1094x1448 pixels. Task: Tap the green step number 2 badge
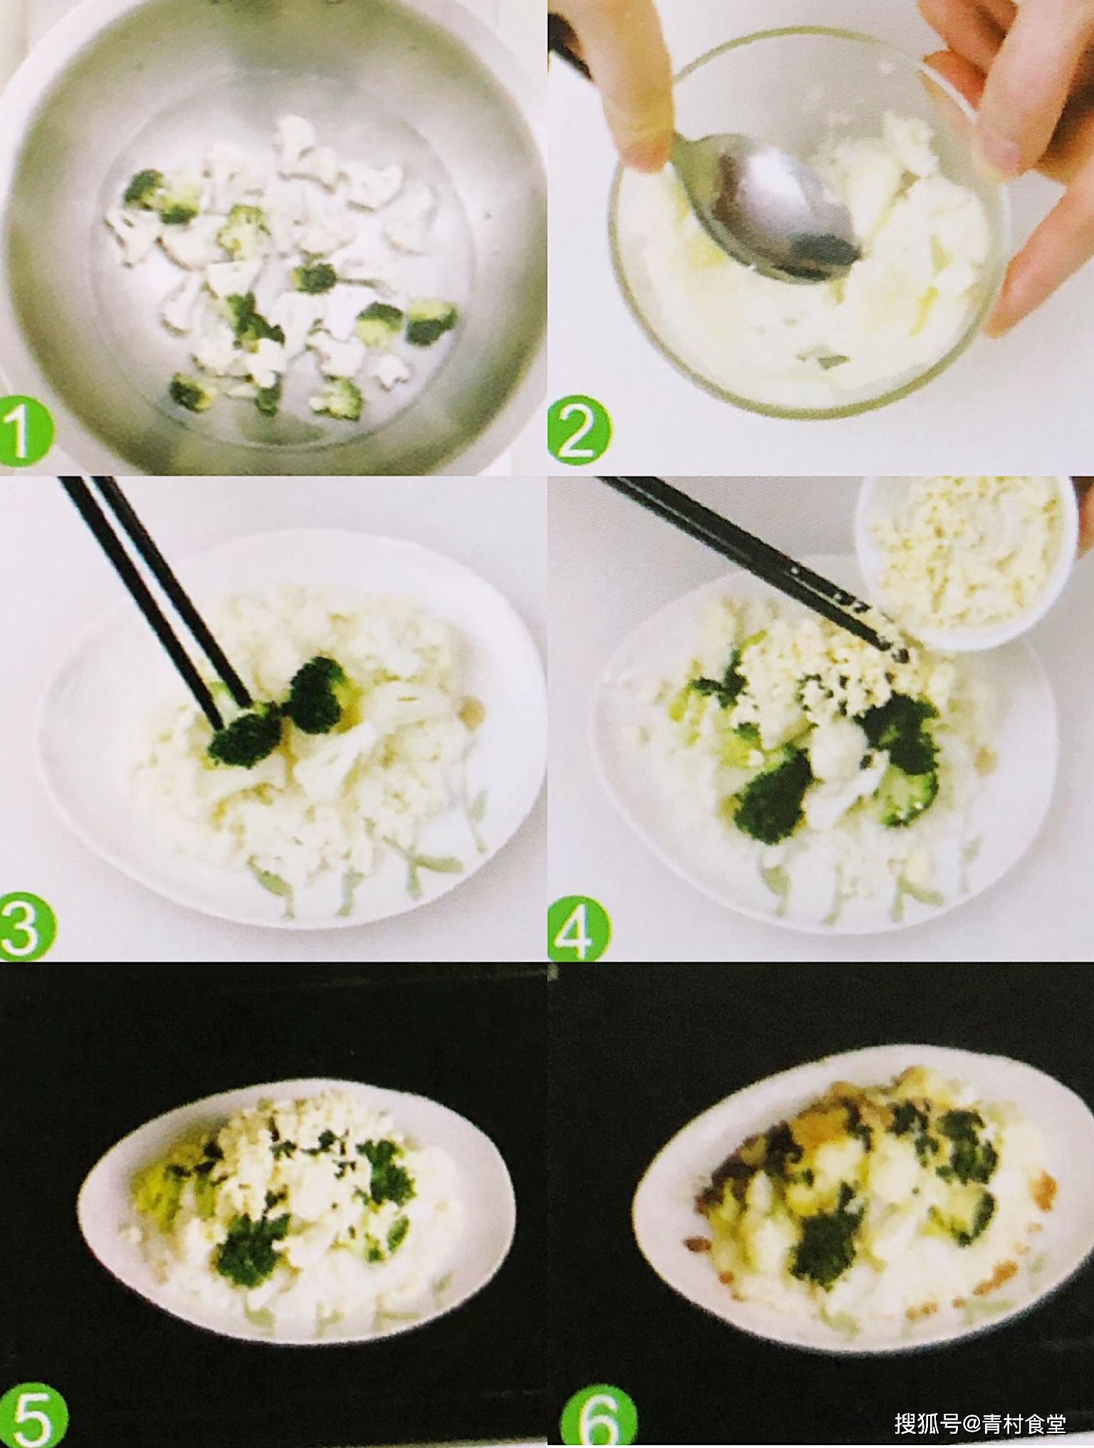tap(578, 429)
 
